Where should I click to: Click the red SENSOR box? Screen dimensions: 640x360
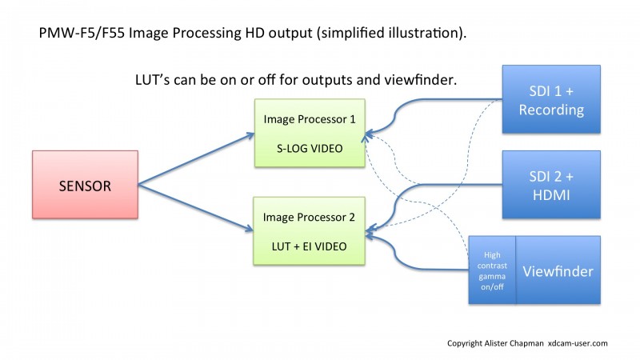pyautogui.click(x=85, y=185)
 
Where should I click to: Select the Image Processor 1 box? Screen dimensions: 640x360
pyautogui.click(x=310, y=133)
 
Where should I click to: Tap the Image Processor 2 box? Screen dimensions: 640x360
pyautogui.click(x=309, y=231)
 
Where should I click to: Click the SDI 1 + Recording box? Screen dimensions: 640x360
pyautogui.click(x=551, y=99)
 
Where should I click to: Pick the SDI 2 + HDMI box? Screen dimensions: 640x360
pyautogui.click(x=551, y=185)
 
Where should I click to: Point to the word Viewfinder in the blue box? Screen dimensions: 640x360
pyautogui.click(x=558, y=271)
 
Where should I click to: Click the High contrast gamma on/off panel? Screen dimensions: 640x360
pyautogui.click(x=492, y=270)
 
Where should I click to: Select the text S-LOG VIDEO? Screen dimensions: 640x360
pyautogui.click(x=310, y=149)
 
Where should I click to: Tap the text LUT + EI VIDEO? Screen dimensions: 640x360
pyautogui.click(x=309, y=246)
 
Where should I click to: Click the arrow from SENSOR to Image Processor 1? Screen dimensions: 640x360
pyautogui.click(x=196, y=159)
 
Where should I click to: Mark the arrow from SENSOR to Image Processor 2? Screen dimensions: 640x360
pyautogui.click(x=196, y=208)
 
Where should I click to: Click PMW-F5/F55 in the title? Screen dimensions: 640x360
pyautogui.click(x=82, y=33)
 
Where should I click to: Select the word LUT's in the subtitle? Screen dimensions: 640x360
pyautogui.click(x=152, y=79)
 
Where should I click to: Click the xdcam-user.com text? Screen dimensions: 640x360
pyautogui.click(x=578, y=343)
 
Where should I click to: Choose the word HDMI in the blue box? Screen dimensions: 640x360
pyautogui.click(x=551, y=195)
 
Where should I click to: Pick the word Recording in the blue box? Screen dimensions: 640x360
pyautogui.click(x=551, y=110)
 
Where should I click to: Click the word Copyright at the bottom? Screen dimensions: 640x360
pyautogui.click(x=465, y=344)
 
